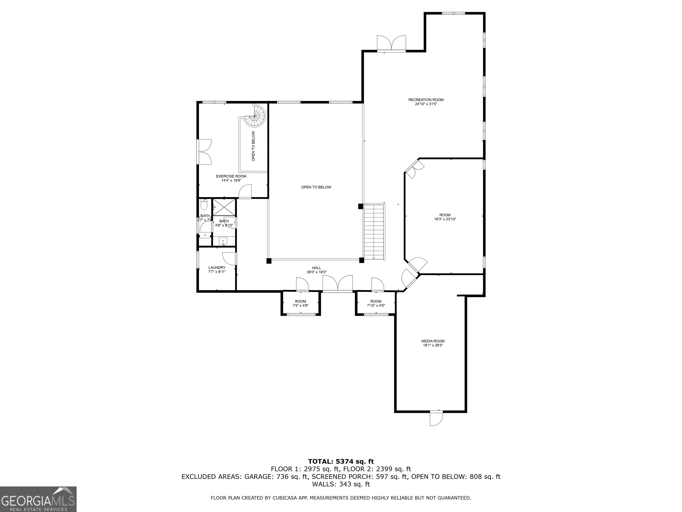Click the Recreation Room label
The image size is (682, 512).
coord(426,100)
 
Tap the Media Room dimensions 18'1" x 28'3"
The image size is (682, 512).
coord(433,345)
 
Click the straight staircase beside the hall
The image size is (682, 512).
coord(374,232)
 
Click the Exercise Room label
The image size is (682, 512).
coord(231,176)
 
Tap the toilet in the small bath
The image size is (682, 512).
coord(204,205)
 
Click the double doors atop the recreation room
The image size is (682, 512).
coord(391,44)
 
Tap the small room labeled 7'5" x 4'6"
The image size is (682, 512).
coord(300,303)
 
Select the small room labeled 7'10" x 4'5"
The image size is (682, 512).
coord(376,303)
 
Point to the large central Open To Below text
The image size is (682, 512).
coord(316,187)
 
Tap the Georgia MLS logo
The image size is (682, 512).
coord(38,499)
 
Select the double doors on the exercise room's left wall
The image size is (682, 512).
coord(204,152)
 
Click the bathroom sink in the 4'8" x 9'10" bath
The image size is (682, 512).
coord(223,240)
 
